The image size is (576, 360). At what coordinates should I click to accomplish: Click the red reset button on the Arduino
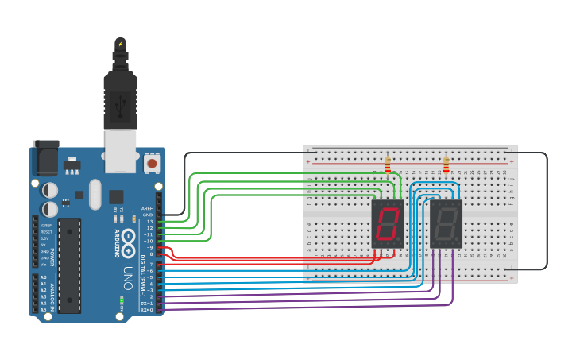[152, 164]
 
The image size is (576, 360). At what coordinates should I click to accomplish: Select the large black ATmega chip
[69, 265]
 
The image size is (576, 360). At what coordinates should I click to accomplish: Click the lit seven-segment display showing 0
[388, 223]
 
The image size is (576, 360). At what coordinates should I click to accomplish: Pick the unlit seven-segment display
[446, 223]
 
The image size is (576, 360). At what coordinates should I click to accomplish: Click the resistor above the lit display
[388, 165]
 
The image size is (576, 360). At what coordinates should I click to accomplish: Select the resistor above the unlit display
[446, 165]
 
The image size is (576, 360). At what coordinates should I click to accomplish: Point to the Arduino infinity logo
[129, 223]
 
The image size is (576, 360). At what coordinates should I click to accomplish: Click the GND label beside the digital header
[148, 215]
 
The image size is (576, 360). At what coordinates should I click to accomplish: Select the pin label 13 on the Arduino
[149, 221]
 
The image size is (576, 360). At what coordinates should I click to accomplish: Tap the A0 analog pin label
[43, 277]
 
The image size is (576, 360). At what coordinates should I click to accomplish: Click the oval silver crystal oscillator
[95, 194]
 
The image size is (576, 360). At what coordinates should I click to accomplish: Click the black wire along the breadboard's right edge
[547, 211]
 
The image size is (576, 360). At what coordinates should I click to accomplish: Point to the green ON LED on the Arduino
[122, 300]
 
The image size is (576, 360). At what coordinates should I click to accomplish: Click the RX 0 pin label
[147, 310]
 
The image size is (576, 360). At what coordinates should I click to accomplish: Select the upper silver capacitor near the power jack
[49, 190]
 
